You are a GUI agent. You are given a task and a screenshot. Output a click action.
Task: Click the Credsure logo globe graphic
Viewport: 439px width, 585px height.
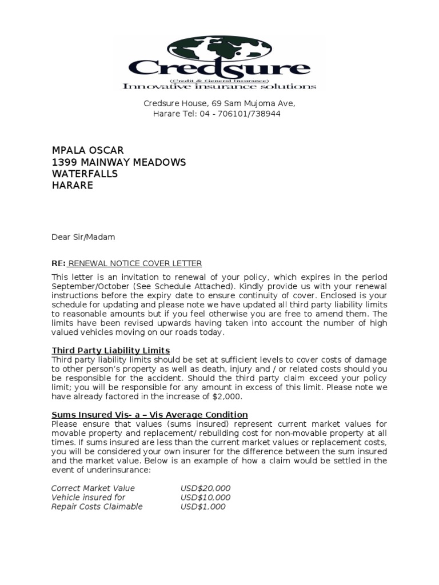[x=219, y=49]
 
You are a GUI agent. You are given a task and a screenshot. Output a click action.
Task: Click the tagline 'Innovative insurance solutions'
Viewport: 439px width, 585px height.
[x=219, y=86]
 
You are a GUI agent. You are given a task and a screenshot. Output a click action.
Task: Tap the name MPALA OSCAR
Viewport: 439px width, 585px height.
[x=87, y=150]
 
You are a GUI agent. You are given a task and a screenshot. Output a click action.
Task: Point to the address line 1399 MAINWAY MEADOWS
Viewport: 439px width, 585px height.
[x=119, y=162]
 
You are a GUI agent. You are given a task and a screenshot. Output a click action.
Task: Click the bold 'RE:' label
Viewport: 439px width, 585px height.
[x=58, y=263]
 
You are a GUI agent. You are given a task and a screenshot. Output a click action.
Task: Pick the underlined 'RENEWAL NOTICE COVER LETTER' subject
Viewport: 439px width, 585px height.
[x=135, y=263]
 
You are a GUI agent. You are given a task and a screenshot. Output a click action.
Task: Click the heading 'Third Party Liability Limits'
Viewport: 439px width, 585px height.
[x=111, y=350]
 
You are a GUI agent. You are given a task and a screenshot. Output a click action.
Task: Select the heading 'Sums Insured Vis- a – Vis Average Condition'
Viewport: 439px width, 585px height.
[x=150, y=414]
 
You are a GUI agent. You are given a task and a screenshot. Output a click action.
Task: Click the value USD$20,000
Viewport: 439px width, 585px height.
[x=205, y=488]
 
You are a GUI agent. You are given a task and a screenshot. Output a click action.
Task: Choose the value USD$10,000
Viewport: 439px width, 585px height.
[x=205, y=497]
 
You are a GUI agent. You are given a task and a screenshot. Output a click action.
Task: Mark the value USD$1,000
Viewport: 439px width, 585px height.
[x=203, y=506]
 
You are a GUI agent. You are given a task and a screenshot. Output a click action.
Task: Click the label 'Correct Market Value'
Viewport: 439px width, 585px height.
[x=93, y=488]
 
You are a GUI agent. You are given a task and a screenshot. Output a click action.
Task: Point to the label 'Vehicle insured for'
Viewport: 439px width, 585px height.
[x=88, y=497]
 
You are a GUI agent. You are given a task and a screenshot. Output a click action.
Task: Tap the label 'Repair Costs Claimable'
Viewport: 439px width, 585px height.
[x=97, y=506]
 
